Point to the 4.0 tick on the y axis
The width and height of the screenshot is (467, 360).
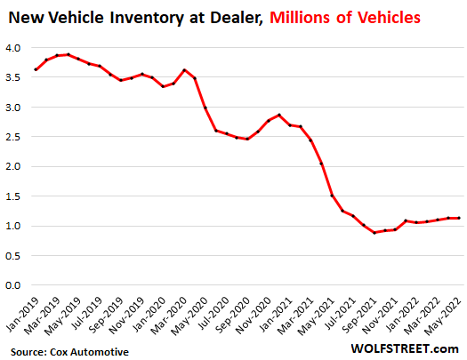[x=15, y=48]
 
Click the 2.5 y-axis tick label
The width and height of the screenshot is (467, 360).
[x=15, y=137]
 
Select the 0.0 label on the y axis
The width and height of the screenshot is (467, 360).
[x=15, y=285]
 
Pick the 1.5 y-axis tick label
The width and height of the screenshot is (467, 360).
[x=15, y=196]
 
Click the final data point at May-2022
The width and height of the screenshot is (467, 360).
[x=457, y=218]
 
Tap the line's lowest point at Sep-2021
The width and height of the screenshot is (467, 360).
[x=374, y=232]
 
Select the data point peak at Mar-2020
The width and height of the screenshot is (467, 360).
[x=184, y=70]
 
